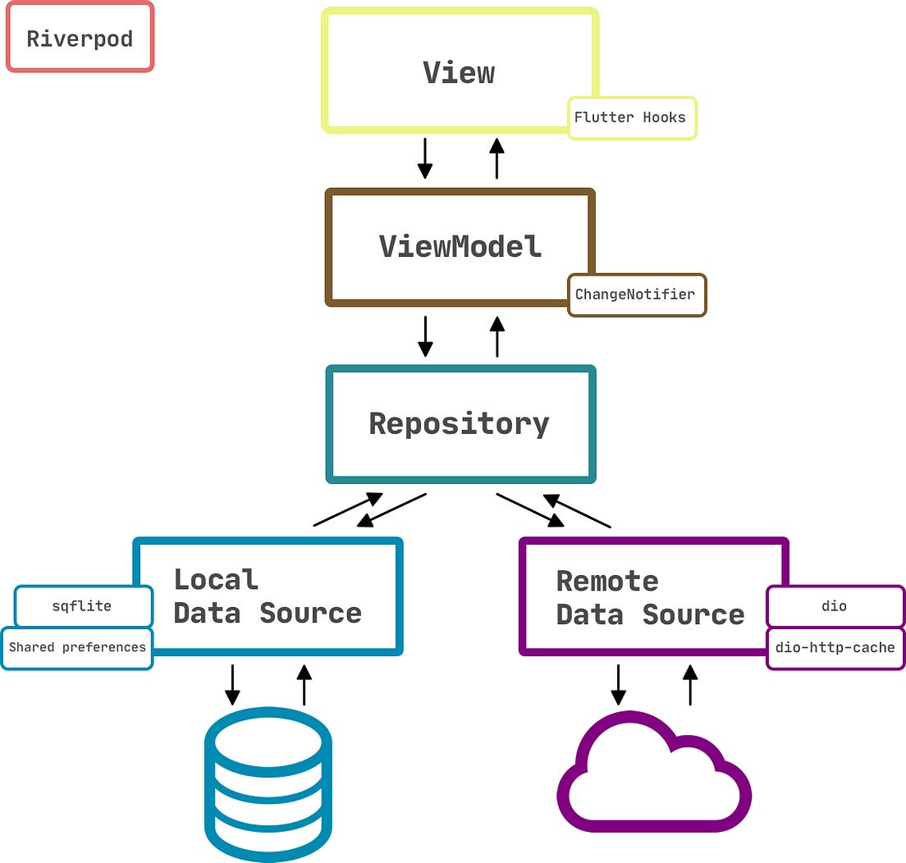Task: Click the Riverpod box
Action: [x=80, y=38]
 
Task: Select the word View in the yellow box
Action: [x=459, y=72]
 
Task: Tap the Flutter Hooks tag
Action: [x=631, y=117]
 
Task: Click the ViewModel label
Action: [x=460, y=246]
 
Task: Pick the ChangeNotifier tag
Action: [x=635, y=295]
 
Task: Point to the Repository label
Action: [x=459, y=423]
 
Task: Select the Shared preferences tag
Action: [x=77, y=647]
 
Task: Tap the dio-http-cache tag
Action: [x=835, y=648]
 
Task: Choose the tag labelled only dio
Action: [x=834, y=606]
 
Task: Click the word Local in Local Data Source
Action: [x=216, y=579]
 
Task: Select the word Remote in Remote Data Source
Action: [x=606, y=581]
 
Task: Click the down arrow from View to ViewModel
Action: [x=424, y=158]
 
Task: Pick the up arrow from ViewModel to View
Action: [x=496, y=158]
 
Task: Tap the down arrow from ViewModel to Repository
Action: [x=424, y=336]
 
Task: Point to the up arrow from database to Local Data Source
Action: [x=304, y=685]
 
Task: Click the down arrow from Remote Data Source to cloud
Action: [x=618, y=685]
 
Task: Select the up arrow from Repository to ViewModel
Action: [x=496, y=336]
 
